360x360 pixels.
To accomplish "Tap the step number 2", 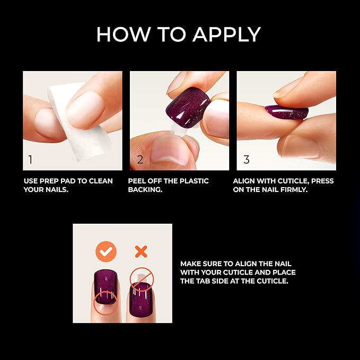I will (x=140, y=160).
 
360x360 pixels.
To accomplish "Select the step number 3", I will (x=245, y=160).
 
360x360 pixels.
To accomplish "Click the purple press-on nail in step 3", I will (x=286, y=111).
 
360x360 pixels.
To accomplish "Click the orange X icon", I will (x=141, y=251).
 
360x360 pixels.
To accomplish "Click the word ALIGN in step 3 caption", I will (x=244, y=181).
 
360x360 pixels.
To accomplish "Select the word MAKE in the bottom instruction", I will (x=191, y=264).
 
